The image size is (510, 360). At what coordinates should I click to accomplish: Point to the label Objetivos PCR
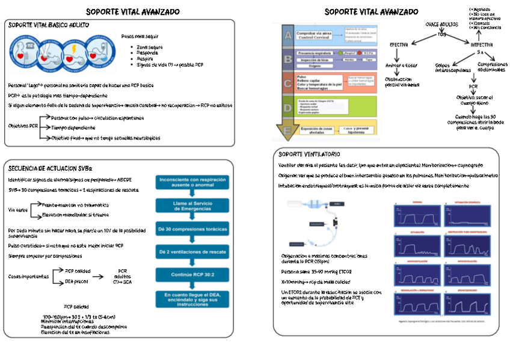[x=23, y=127]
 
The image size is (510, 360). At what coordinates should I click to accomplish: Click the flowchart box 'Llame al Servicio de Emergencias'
[x=192, y=206]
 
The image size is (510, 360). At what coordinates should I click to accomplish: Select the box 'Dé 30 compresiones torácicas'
[x=192, y=229]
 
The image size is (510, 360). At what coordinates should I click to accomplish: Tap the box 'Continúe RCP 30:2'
[x=192, y=274]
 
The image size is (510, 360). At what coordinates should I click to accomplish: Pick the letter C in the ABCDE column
[x=289, y=83]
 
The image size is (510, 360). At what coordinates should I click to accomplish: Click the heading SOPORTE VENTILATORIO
[x=309, y=154]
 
